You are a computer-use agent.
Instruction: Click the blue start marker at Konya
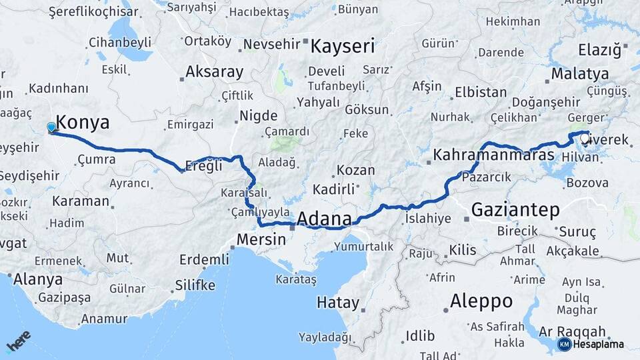pyautogui.click(x=51, y=127)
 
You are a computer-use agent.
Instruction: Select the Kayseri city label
pyautogui.click(x=343, y=47)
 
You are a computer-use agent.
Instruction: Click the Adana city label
pyautogui.click(x=324, y=219)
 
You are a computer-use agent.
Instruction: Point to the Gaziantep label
pyautogui.click(x=515, y=210)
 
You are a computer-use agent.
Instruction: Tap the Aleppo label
pyautogui.click(x=481, y=301)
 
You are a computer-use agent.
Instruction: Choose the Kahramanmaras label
pyautogui.click(x=493, y=155)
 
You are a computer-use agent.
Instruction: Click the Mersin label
pyautogui.click(x=263, y=239)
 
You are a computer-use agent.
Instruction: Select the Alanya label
pyautogui.click(x=38, y=279)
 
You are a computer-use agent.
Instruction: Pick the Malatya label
pyautogui.click(x=580, y=73)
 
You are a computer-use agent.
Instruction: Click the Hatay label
pyautogui.click(x=337, y=303)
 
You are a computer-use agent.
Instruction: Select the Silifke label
pyautogui.click(x=195, y=285)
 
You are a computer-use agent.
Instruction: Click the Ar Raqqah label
pyautogui.click(x=572, y=331)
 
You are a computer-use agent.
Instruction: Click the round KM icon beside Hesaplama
pyautogui.click(x=564, y=344)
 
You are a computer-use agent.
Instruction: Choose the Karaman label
pyautogui.click(x=80, y=201)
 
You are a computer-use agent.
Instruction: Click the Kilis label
pyautogui.click(x=463, y=250)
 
